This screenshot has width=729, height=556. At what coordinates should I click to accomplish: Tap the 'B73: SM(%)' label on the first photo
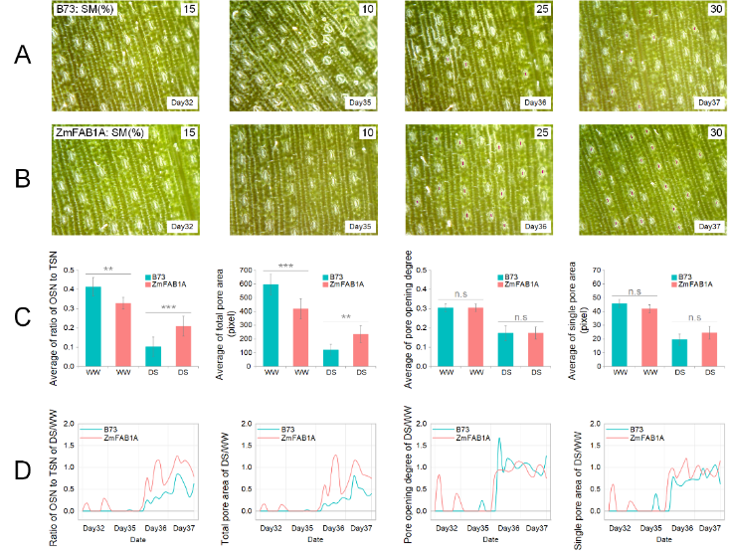point(87,9)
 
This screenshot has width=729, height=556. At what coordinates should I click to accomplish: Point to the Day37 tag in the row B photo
point(709,227)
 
